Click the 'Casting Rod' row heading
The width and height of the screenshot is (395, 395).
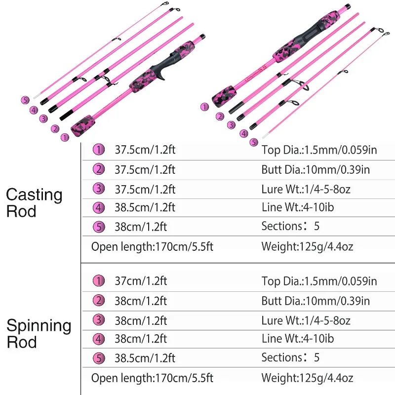pos(34,203)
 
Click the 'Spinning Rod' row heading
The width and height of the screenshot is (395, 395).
pos(39,334)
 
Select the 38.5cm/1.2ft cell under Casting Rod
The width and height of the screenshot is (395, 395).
pos(145,207)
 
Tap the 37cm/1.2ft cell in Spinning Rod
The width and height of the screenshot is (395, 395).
pos(141,281)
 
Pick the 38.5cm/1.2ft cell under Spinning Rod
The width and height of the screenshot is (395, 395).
pos(145,358)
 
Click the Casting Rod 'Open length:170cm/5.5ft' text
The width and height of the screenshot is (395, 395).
pos(152,246)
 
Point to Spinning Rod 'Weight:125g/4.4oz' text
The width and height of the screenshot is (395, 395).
pos(307,378)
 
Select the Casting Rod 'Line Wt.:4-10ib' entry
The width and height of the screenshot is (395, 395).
pos(298,207)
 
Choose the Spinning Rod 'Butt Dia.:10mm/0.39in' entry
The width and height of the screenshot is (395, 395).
pos(316,301)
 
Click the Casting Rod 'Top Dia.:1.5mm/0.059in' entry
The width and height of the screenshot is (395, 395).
pos(319,150)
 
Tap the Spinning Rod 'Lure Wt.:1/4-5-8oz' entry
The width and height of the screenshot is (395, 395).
pos(306,320)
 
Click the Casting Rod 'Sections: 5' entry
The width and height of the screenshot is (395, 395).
pos(290,226)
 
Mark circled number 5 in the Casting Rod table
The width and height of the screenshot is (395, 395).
pos(99,227)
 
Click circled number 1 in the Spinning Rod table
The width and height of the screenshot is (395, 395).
pos(99,281)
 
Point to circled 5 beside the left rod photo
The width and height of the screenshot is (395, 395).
pos(25,100)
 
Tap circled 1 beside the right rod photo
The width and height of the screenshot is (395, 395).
pos(204,107)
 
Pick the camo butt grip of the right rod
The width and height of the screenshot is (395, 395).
pos(224,96)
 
